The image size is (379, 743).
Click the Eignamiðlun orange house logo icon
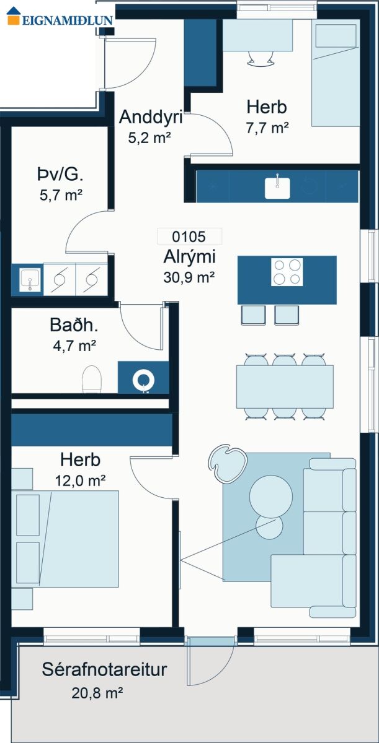(x=14, y=16)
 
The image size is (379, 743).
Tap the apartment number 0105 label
(x=189, y=237)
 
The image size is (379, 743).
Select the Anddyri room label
(x=151, y=117)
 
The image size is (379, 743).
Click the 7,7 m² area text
(x=267, y=128)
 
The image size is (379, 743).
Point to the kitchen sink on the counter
(x=277, y=188)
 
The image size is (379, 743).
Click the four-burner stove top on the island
(x=287, y=272)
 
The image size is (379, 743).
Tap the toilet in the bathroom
(x=91, y=380)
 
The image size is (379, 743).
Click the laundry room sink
(x=30, y=280)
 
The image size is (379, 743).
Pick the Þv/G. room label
(x=60, y=175)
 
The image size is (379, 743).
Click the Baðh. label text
(x=74, y=325)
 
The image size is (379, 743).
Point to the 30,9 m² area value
(x=189, y=277)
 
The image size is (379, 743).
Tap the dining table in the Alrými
(x=285, y=386)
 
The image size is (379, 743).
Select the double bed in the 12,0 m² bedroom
(x=65, y=539)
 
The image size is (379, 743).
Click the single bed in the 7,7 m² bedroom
(x=336, y=72)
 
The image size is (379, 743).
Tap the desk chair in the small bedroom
(x=261, y=59)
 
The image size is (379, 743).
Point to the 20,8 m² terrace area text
(x=97, y=693)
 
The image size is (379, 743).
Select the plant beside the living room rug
(x=228, y=463)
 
